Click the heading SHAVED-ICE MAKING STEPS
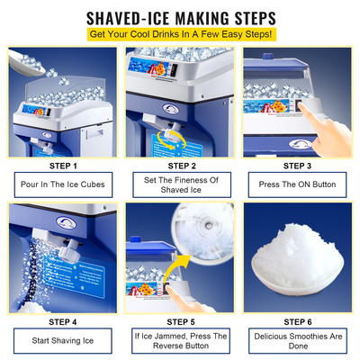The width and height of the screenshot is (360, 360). (x=180, y=17)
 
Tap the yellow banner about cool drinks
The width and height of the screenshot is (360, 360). (x=180, y=34)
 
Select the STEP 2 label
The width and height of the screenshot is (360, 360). (x=180, y=166)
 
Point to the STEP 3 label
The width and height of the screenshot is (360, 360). (x=300, y=166)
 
